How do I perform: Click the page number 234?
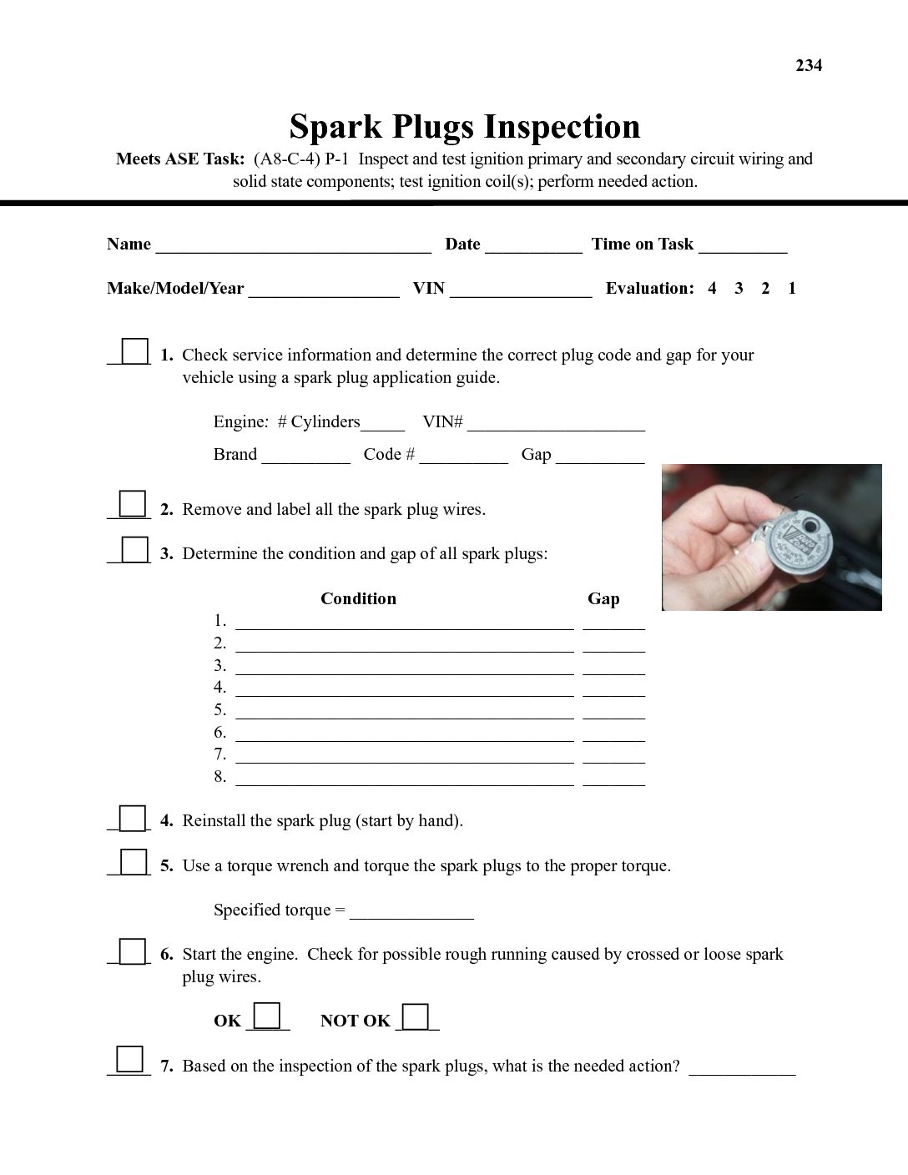tap(809, 66)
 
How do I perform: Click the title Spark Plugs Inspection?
tap(465, 127)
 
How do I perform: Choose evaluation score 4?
tap(712, 289)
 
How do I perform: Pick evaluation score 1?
tap(792, 289)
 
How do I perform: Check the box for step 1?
tap(134, 350)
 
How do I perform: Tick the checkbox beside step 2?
tap(133, 504)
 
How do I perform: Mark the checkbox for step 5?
tap(134, 861)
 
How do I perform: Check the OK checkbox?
tap(267, 1016)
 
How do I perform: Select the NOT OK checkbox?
tap(416, 1016)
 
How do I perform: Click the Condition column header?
tap(358, 598)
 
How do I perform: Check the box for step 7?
tap(130, 1059)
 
